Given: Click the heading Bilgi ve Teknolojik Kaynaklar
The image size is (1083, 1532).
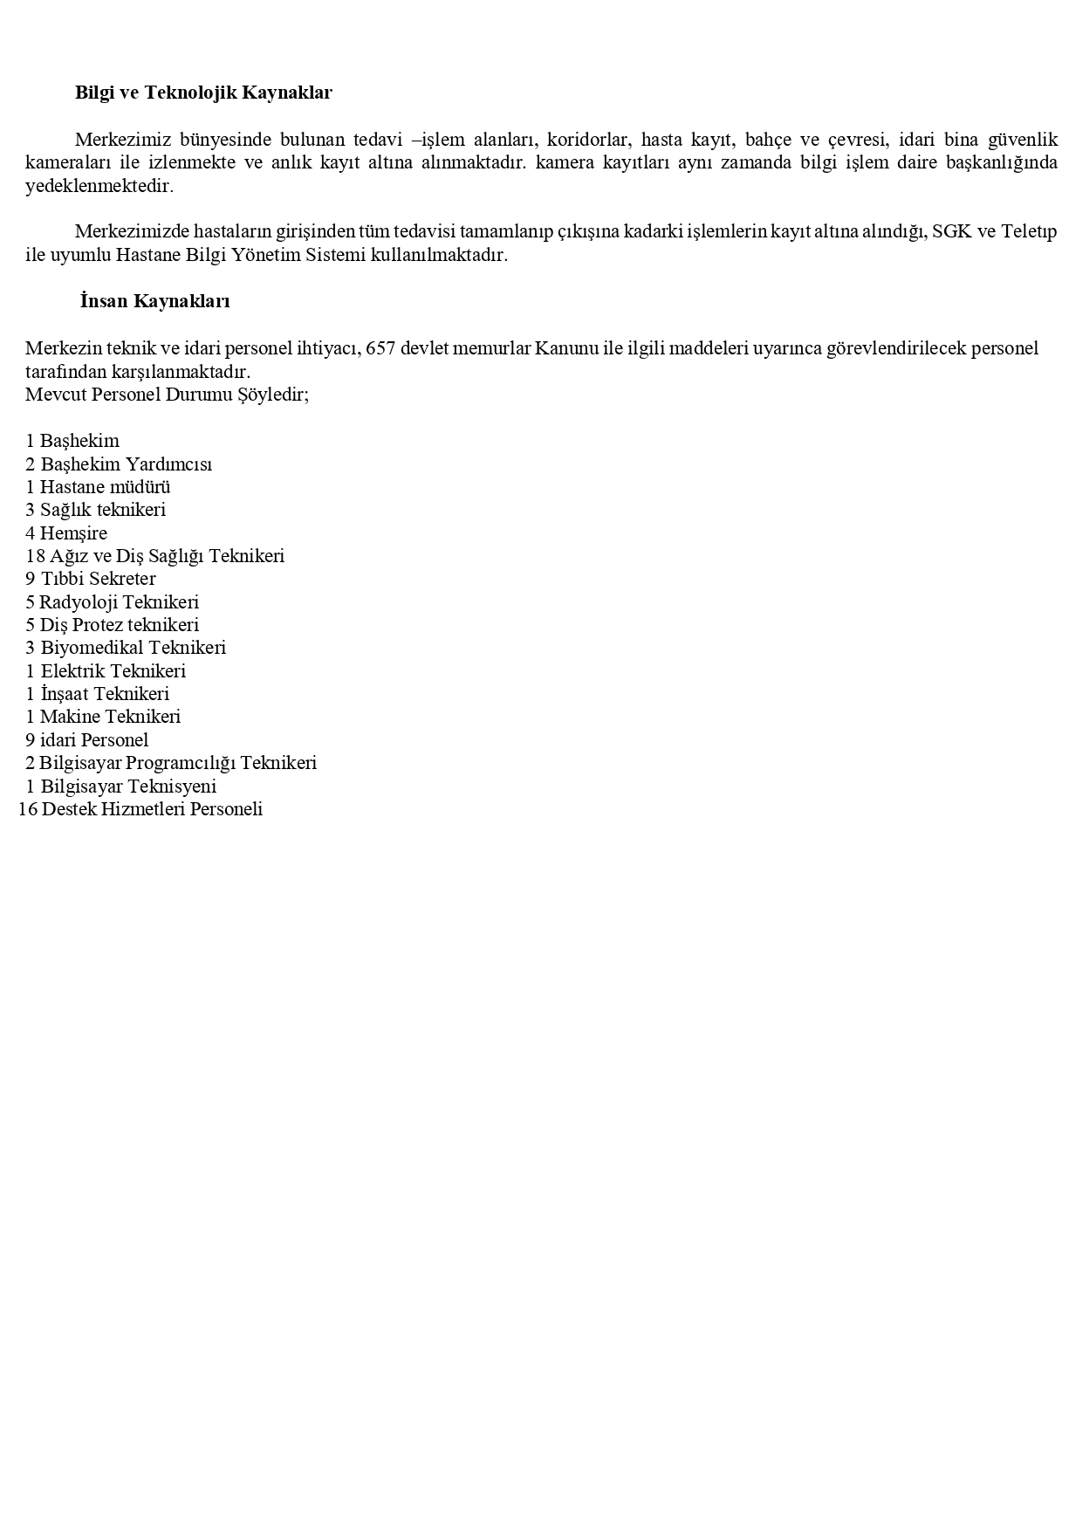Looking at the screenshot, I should point(203,93).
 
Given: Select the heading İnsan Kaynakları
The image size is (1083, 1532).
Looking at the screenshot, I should point(154,301).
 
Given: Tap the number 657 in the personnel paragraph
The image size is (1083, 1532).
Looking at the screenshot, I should point(380,348).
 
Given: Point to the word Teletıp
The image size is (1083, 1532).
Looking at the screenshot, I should point(1029,232).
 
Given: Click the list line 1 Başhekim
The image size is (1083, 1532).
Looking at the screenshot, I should point(72,441).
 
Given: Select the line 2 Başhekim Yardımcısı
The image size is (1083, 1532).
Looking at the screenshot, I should point(119,464).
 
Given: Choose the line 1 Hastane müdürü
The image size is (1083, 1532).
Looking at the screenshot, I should point(98,487).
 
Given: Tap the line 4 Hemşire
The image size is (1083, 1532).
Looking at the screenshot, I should point(66,533).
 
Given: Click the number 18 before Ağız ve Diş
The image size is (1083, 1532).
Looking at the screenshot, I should point(35,556).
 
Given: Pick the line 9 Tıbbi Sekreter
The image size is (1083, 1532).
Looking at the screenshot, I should point(91,579).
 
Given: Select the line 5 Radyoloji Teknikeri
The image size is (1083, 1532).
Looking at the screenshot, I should point(113,602).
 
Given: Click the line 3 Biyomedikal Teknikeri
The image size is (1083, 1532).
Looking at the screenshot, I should point(126,648).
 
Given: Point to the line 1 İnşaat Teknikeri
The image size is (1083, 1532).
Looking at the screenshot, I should point(98,694).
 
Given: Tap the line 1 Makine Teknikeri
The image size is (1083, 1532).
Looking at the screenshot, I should point(103,717).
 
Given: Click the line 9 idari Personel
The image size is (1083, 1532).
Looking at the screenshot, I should point(87,740).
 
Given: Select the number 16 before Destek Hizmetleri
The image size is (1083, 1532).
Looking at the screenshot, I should point(28,809).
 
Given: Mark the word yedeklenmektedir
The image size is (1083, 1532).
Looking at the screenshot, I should point(99,187).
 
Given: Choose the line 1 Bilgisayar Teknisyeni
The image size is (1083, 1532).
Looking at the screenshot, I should point(121,787).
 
